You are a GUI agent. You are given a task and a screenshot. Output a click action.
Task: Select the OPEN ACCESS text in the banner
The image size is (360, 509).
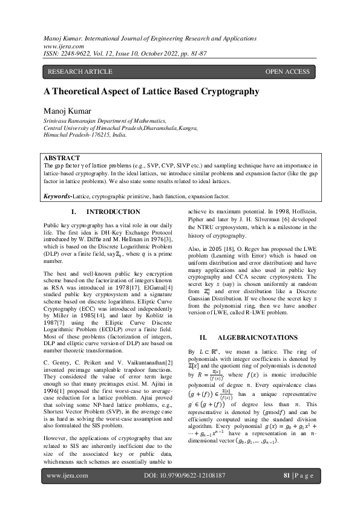tap(287, 72)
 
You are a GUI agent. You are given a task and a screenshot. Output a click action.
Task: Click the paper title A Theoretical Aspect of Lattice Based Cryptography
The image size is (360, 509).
tap(143, 91)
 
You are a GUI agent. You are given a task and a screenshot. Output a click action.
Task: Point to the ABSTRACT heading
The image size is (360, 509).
tap(63, 157)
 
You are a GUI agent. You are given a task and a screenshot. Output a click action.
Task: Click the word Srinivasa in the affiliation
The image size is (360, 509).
tap(57, 121)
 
